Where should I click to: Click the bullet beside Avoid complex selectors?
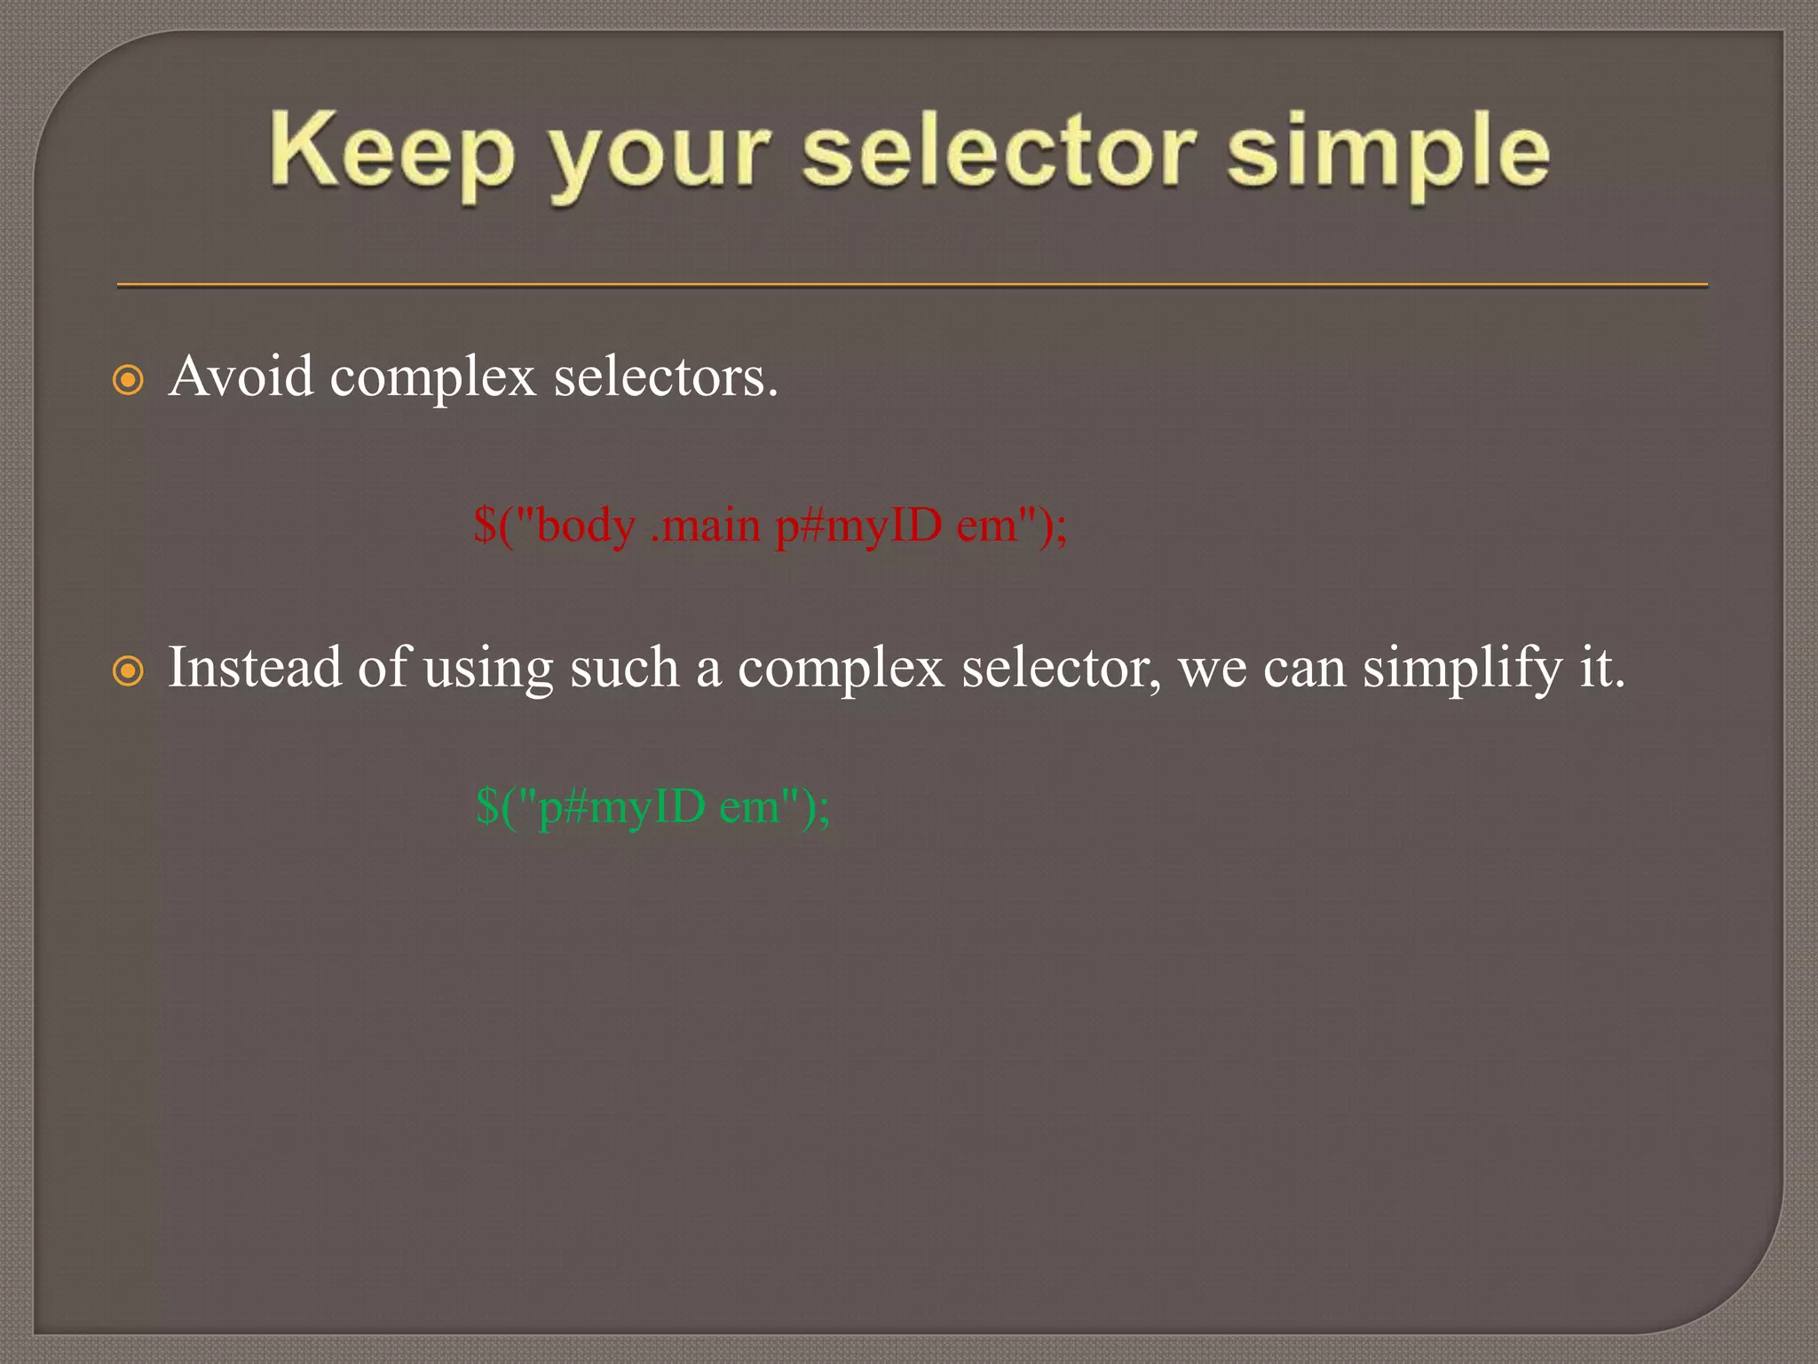click(x=129, y=380)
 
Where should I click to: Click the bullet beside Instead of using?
click(x=129, y=670)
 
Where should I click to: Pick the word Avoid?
click(x=241, y=377)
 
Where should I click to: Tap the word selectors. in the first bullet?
click(x=666, y=377)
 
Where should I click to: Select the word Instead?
click(x=254, y=667)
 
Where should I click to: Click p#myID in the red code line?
click(x=858, y=527)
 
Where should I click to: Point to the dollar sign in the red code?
click(x=485, y=526)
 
